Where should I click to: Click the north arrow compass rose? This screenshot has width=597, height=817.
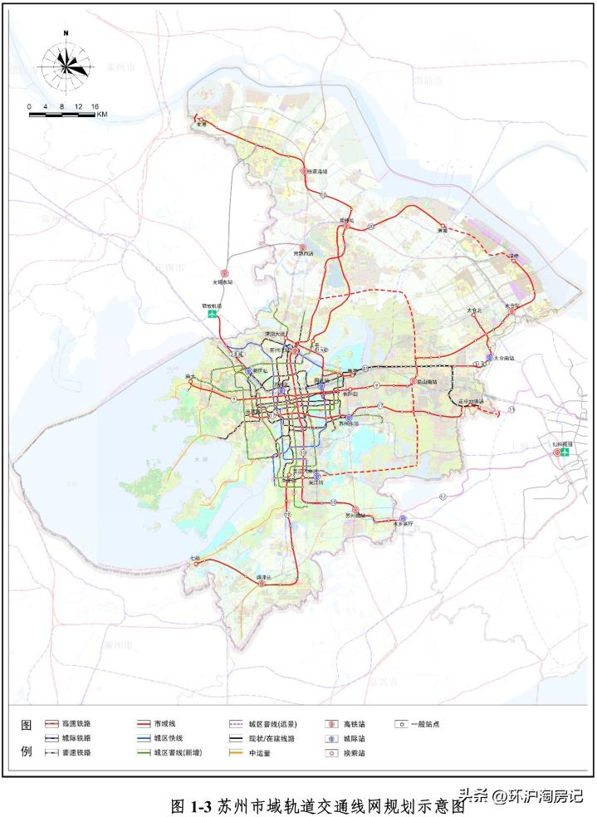(66, 64)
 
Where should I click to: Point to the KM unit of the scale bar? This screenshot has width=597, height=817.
(102, 115)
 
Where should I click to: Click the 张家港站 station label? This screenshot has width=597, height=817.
(318, 172)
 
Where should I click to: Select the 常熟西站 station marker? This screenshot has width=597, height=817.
(303, 248)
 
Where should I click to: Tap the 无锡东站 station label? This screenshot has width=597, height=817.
(223, 281)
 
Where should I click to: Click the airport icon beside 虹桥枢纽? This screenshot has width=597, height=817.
(565, 453)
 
